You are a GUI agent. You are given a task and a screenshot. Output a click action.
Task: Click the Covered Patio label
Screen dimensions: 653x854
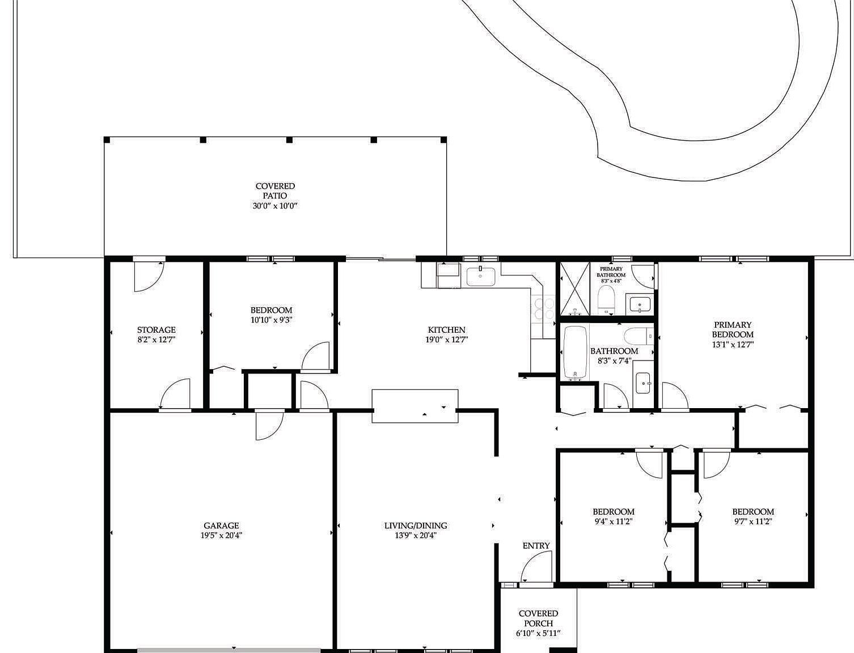[275, 191]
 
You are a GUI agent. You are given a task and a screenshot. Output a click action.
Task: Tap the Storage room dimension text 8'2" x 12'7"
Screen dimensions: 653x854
[157, 340]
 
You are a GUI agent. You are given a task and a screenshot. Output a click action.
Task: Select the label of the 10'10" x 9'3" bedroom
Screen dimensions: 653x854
[271, 311]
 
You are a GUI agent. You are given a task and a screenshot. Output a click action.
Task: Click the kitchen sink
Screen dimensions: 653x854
[481, 277]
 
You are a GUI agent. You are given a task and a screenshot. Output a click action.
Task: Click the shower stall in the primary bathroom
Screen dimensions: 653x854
[574, 289]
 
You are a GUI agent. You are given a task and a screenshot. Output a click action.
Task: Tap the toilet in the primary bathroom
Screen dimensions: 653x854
[606, 299]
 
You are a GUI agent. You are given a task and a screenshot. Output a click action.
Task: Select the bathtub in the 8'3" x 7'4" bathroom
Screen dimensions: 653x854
[576, 353]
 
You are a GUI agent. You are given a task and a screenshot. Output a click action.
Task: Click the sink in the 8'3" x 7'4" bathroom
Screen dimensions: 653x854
[643, 384]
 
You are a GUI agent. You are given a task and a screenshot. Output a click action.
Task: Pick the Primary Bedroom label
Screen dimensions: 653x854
[733, 329]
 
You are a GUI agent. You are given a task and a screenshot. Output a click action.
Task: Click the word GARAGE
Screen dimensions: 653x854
[221, 525]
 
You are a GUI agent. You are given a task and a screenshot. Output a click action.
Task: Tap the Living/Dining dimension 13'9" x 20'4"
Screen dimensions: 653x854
[416, 535]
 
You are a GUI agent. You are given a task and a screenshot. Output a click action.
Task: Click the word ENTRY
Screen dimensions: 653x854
[536, 546]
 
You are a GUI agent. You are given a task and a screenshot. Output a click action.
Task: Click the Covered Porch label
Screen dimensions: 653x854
[538, 618]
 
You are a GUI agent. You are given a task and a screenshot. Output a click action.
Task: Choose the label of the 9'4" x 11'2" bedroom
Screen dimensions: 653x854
[613, 511]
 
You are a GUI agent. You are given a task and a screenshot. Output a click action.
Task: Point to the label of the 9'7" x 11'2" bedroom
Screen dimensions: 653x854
[752, 511]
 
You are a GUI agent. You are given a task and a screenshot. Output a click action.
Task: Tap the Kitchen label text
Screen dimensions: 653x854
[446, 330]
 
